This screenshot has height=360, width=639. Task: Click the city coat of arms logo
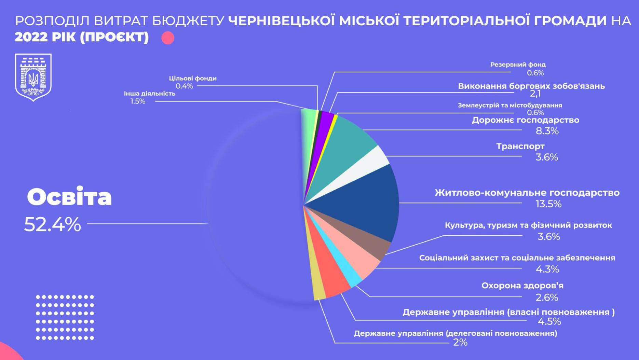(x=33, y=77)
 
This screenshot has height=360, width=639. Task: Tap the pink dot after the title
(x=168, y=38)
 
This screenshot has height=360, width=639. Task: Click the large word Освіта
(x=69, y=197)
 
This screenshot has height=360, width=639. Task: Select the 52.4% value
(x=53, y=224)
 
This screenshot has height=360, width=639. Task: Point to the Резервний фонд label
(x=518, y=65)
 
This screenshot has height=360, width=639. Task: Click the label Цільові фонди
(x=193, y=78)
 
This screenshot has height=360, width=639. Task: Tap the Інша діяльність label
(x=149, y=94)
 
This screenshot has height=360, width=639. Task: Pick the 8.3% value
(x=547, y=131)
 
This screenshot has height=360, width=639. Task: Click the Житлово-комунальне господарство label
(x=527, y=193)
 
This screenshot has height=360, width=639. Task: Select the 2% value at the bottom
(x=460, y=342)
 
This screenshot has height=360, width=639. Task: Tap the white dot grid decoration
(x=65, y=317)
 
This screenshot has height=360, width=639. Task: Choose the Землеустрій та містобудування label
(x=510, y=105)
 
